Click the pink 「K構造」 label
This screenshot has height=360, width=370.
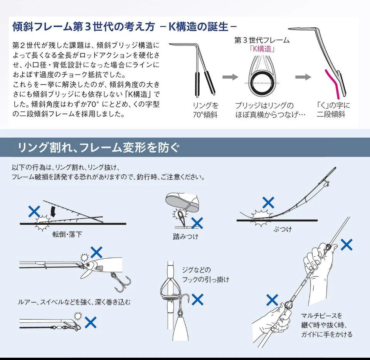click(262, 49)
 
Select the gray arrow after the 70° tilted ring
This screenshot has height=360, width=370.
click(230, 77)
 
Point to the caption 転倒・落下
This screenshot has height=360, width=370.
click(67, 234)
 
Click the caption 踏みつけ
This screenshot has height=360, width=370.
click(185, 237)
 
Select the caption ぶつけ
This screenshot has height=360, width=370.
click(283, 229)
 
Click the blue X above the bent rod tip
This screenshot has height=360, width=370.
click(268, 203)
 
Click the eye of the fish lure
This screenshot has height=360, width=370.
click(87, 265)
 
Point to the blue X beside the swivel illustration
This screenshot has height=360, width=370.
click(91, 322)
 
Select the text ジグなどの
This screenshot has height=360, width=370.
click(196, 270)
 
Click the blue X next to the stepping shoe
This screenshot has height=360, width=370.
click(197, 223)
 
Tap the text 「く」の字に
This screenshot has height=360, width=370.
click(333, 105)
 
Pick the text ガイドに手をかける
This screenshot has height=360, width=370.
click(326, 335)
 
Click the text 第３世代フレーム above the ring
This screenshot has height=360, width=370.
click(262, 40)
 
